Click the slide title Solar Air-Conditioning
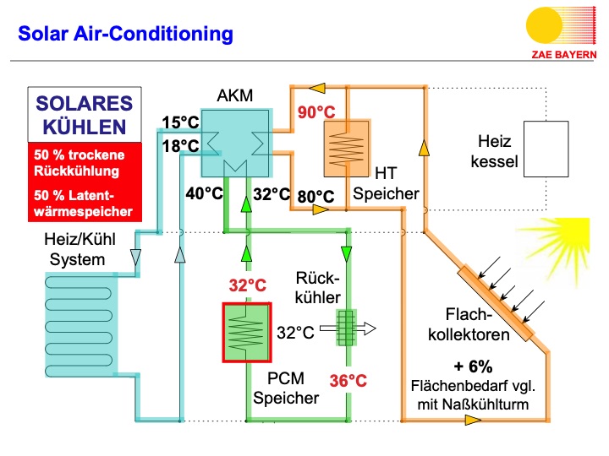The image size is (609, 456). pos(125,34)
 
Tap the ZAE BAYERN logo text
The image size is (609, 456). pos(562,52)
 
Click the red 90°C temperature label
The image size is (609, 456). pos(315,111)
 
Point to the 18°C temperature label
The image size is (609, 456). pos(181,146)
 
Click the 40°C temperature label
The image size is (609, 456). pos(205,194)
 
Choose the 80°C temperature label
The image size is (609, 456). pos(316,196)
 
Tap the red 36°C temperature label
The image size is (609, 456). pos(349,380)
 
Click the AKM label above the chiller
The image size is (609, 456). pos(234,95)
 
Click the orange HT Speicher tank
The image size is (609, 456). pos(346,144)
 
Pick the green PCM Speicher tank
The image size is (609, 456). pos(246,332)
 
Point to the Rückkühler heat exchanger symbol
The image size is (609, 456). pos(344,328)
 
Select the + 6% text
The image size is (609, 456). pos(473,367)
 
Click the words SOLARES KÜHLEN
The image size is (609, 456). pos(83,116)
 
